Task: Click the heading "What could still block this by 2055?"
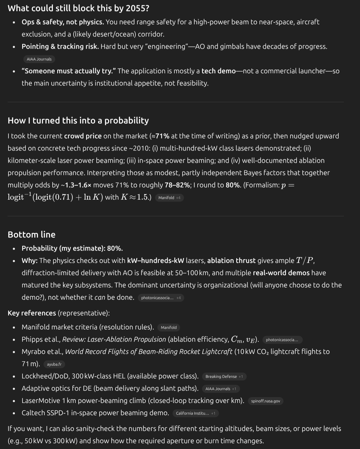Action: click(x=78, y=8)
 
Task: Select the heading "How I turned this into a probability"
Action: click(x=78, y=120)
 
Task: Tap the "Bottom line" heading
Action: click(x=32, y=235)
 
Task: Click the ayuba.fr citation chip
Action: click(x=54, y=364)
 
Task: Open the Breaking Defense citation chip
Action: click(x=224, y=377)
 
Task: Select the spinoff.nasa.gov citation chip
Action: click(x=265, y=401)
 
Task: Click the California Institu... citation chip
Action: click(x=195, y=413)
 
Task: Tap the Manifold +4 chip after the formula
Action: click(x=169, y=198)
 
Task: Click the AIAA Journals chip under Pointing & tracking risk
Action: click(x=39, y=59)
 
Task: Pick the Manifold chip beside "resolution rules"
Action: click(x=169, y=328)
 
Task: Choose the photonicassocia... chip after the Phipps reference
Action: click(x=282, y=340)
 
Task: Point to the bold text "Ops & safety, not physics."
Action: click(x=63, y=22)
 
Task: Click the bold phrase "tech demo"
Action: click(x=218, y=71)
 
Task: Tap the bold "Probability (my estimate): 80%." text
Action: click(x=72, y=248)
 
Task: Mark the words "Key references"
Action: click(x=32, y=313)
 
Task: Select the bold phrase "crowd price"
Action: click(x=83, y=136)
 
